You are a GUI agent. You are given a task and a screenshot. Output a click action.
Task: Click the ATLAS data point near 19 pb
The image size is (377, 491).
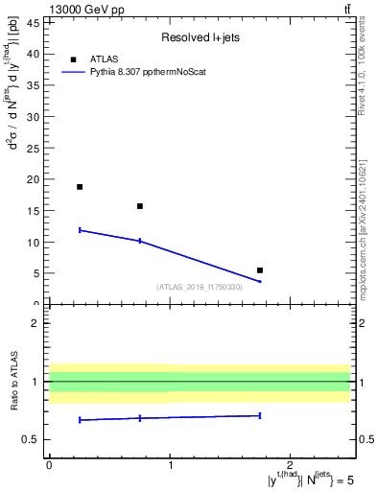click(80, 187)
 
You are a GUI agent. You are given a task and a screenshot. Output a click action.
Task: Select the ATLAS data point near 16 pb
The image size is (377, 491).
click(140, 206)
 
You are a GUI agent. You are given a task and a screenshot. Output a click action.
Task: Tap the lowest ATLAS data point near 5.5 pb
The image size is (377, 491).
click(260, 270)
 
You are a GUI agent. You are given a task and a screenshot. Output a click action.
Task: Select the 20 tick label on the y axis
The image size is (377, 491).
click(33, 179)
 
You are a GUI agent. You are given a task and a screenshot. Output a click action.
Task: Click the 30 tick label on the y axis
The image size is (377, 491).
click(33, 117)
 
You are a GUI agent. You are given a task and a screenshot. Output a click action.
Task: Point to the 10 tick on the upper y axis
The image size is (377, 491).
click(33, 243)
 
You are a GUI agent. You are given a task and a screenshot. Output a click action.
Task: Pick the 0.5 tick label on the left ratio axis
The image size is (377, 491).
click(29, 439)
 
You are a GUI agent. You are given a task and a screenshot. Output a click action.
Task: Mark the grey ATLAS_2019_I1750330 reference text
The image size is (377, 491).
click(200, 286)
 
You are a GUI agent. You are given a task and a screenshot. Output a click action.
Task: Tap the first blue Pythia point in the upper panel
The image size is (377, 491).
click(80, 230)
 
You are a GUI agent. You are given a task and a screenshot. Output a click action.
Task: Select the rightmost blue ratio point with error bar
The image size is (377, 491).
click(260, 415)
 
